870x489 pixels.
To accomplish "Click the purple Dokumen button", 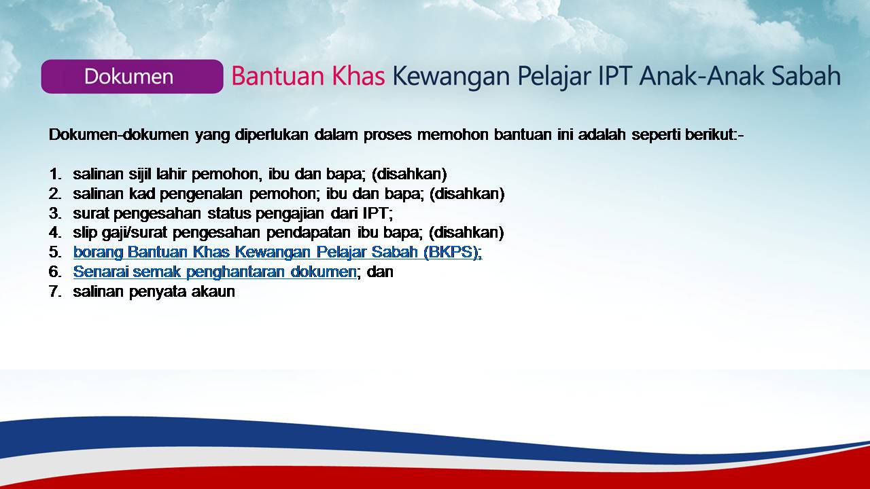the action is (132, 77).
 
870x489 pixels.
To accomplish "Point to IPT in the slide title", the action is (614, 76).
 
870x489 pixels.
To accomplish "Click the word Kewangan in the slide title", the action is (451, 77).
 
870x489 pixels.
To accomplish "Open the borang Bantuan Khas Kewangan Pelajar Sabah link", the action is (277, 252).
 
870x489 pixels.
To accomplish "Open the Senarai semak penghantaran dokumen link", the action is (214, 272).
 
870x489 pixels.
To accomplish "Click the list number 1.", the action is (55, 175).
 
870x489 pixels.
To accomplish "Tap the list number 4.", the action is (55, 233).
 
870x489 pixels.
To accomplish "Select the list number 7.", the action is (55, 291).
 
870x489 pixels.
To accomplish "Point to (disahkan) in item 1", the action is (409, 175).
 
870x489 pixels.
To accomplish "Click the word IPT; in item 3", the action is (377, 213).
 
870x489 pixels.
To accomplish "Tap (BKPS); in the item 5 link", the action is (453, 252).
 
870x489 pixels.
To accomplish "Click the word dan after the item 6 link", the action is (380, 272).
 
